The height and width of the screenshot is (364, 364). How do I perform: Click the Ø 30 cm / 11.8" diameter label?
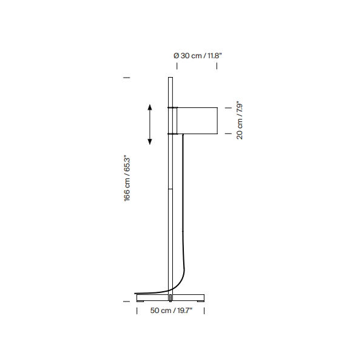pos(198,56)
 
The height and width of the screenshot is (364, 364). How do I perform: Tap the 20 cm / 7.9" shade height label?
pos(240,120)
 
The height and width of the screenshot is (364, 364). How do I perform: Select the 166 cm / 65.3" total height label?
pos(127,178)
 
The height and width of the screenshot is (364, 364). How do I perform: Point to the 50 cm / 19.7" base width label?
pos(171,311)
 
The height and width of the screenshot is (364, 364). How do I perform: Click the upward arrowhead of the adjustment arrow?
pos(150,107)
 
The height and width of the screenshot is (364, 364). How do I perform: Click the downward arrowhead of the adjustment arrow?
pos(150,141)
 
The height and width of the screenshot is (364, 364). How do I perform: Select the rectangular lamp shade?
pos(197,121)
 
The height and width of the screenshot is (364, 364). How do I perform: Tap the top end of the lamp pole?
pos(170,78)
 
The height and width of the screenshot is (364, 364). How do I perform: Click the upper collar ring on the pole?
pos(172,107)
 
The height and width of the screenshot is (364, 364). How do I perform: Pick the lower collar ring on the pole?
pos(172,133)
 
